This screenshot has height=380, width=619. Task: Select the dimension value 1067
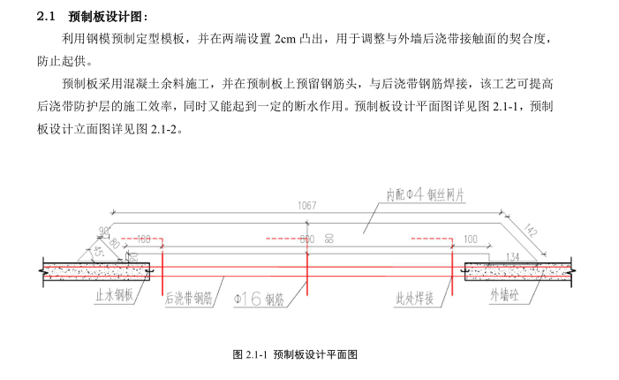(x=307, y=205)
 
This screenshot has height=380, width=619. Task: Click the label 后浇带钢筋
(x=188, y=299)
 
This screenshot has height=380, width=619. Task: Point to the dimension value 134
(x=510, y=256)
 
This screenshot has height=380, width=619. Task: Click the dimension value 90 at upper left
(x=104, y=231)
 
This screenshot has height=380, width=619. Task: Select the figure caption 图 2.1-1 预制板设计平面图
(x=294, y=354)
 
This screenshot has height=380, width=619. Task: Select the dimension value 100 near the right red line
(x=469, y=239)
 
